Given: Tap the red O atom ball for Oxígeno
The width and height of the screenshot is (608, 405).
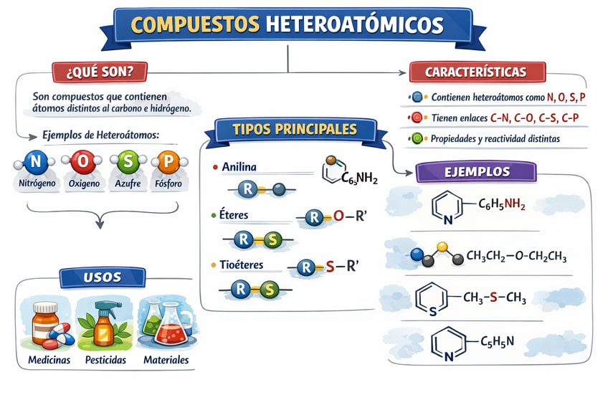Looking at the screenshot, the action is click(82, 163).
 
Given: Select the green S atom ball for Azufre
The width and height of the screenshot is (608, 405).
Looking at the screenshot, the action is click(126, 163).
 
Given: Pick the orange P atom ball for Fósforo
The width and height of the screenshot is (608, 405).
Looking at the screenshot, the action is click(167, 163).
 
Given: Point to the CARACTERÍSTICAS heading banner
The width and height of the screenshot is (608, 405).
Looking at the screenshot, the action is click(476, 72).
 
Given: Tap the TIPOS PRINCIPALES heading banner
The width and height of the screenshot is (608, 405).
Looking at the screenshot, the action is click(295, 130).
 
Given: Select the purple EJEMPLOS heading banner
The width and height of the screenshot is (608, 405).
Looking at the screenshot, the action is click(476, 172).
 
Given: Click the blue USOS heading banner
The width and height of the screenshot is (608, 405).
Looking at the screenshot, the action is click(102, 277).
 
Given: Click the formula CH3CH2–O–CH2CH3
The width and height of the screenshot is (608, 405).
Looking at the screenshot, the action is click(510, 255).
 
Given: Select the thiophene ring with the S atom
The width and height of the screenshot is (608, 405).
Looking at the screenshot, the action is click(432, 299).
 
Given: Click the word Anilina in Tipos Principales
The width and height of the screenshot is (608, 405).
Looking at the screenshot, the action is click(239, 167).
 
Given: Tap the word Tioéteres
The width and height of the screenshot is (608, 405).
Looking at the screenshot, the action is click(242, 265).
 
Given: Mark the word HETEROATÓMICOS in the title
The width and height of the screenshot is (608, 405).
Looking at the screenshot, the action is click(354, 25).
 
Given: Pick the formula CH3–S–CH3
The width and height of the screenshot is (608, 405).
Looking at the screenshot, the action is click(495, 297).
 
